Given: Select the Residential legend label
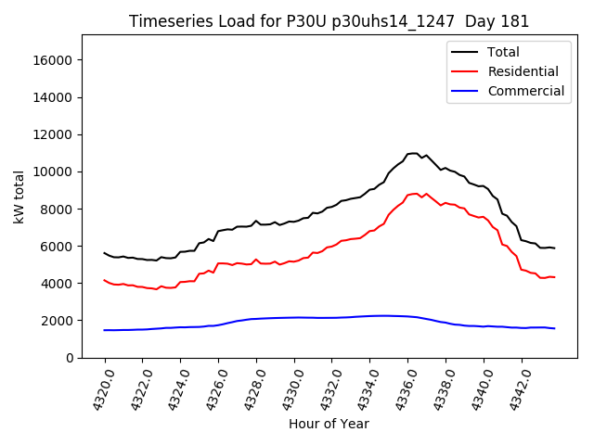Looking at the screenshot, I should tap(523, 71).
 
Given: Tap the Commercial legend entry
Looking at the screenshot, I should tap(525, 91).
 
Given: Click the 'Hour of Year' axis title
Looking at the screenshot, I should tap(329, 424).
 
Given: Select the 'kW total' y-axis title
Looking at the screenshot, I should tap(19, 197).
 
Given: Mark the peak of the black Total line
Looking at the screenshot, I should tap(415, 153).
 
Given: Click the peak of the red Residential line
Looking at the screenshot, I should tap(416, 193).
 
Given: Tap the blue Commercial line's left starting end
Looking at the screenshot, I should tap(105, 330).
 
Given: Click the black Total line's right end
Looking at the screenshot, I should tap(554, 248).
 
